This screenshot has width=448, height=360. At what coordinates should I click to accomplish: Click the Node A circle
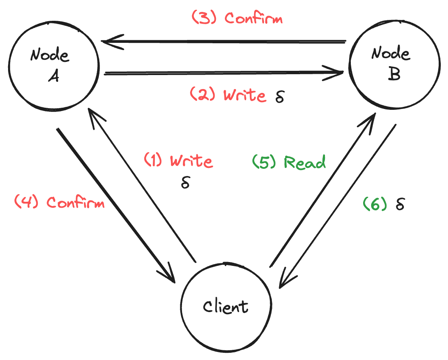pyautogui.click(x=53, y=66)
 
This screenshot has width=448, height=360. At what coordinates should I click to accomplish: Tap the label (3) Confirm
pyautogui.click(x=237, y=18)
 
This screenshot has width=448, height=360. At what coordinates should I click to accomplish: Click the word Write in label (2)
pyautogui.click(x=244, y=95)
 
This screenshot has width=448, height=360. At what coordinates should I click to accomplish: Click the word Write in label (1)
pyautogui.click(x=191, y=161)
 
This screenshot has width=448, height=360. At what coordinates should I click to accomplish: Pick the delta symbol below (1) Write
pyautogui.click(x=185, y=183)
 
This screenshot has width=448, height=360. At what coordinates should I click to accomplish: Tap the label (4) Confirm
pyautogui.click(x=59, y=202)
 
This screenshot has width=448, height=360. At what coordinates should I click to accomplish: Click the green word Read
pyautogui.click(x=305, y=162)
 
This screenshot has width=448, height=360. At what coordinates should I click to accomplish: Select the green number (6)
pyautogui.click(x=375, y=204)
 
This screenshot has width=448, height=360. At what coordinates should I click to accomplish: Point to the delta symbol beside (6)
pyautogui.click(x=400, y=204)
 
